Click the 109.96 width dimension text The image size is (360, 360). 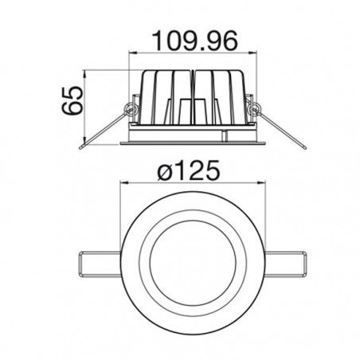(195, 41)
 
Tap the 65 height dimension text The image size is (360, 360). (72, 100)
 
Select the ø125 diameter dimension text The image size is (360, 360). (189, 170)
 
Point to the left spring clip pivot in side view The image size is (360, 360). (131, 109)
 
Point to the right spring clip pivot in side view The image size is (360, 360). (254, 109)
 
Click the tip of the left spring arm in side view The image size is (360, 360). (81, 147)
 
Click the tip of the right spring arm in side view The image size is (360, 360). (305, 147)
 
